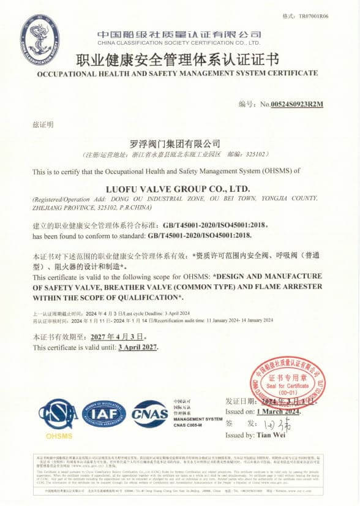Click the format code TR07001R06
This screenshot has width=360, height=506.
coord(313,17)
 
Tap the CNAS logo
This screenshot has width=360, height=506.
coord(150,413)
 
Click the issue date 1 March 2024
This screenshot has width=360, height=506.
coord(280,412)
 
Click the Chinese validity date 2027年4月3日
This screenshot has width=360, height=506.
coord(114,336)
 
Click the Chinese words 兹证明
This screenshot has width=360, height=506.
coord(42,124)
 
